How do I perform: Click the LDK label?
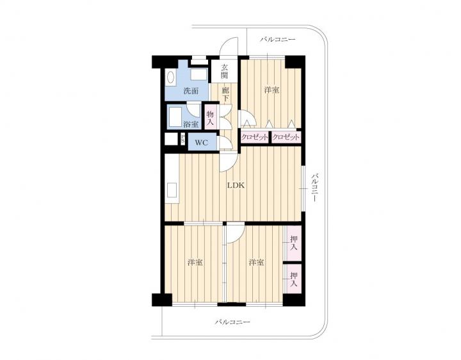[236, 185]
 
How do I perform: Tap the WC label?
[202, 143]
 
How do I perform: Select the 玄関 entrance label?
[224, 71]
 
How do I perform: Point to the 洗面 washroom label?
[191, 91]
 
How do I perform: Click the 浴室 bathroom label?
[191, 124]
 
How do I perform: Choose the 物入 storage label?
[210, 117]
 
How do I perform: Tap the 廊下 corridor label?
[225, 94]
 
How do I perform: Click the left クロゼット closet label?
[255, 137]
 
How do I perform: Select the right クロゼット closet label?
[286, 137]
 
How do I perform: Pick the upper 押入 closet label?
[293, 243]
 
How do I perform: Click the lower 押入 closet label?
[293, 279]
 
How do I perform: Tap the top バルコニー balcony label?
[277, 40]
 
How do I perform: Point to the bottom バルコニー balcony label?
[232, 322]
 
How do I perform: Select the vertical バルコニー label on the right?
[315, 187]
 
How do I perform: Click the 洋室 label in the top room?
[271, 90]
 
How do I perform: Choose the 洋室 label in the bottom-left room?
[195, 262]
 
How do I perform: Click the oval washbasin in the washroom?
[170, 78]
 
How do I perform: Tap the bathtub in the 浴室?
[175, 117]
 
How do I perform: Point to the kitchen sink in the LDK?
[172, 190]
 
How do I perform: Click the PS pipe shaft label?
[182, 138]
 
